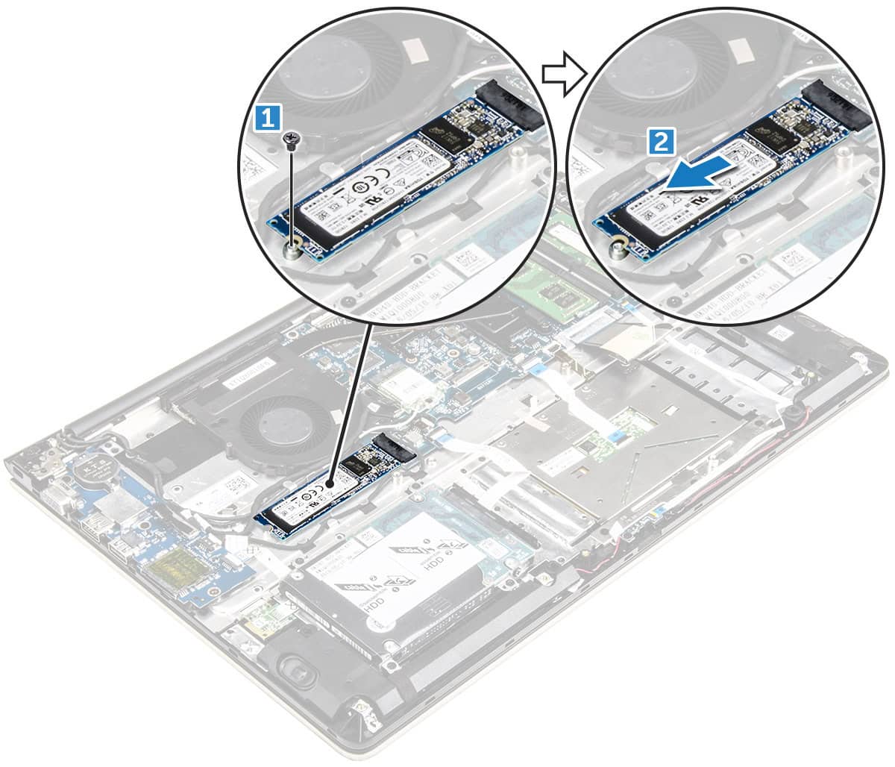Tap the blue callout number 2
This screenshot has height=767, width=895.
pyautogui.click(x=663, y=140)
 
